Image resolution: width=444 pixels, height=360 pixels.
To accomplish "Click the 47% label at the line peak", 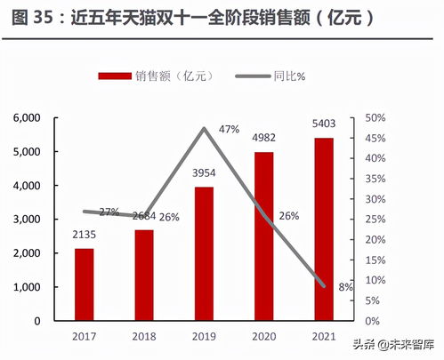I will tap(229, 130).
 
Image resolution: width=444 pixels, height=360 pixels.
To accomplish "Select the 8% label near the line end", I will tap(345, 286).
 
